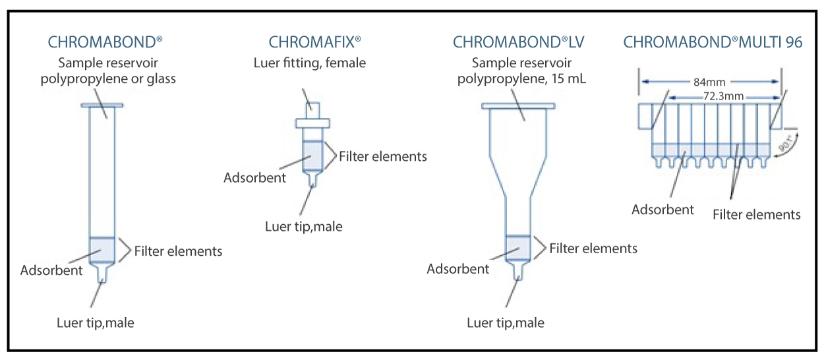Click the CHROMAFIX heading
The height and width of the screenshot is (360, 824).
click(314, 42)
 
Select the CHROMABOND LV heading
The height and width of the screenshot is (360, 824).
click(518, 42)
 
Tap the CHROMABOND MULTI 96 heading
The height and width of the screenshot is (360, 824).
click(713, 42)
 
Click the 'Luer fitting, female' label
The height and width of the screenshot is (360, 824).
click(309, 63)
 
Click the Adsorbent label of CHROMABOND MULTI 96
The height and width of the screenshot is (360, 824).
click(662, 210)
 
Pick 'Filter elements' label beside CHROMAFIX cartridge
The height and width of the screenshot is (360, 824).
click(382, 156)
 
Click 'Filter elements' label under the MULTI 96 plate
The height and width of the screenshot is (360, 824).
click(756, 214)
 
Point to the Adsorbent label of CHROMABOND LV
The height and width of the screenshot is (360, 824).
click(457, 268)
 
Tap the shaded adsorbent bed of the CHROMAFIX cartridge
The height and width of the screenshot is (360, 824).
click(312, 156)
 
